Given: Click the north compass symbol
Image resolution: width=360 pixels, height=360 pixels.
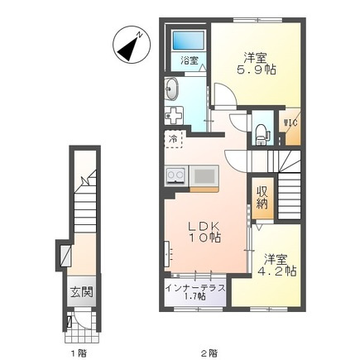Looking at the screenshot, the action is click(132, 45).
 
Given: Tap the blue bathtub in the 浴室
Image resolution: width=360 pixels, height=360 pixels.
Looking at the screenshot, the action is click(189, 41).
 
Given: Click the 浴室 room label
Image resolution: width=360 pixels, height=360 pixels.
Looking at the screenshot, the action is click(190, 60).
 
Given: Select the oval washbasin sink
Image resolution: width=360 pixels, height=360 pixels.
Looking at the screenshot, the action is click(172, 89).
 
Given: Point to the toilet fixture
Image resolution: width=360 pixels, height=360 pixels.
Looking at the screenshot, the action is click(262, 134).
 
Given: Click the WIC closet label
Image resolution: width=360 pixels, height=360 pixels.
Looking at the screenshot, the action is click(290, 122).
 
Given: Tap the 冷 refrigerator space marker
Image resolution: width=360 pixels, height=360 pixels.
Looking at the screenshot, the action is click(174, 140).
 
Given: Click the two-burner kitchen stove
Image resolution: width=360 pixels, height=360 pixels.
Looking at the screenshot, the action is click(176, 175).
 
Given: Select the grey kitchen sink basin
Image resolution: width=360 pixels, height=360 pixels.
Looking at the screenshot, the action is click(204, 175).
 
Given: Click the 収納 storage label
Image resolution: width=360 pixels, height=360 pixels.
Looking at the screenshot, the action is click(262, 197).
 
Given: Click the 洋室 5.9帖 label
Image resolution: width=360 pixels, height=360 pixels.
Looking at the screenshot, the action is click(257, 64).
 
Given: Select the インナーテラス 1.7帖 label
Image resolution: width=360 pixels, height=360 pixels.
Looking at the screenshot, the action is click(195, 292).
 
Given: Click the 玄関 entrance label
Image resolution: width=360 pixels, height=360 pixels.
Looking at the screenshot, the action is click(82, 292).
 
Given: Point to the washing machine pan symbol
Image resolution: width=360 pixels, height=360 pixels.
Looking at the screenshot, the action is click(175, 115).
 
